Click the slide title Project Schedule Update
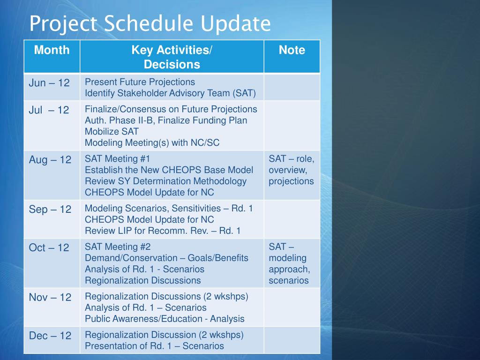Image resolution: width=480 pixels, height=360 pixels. click(x=150, y=23)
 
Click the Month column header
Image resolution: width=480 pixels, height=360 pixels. click(x=52, y=50)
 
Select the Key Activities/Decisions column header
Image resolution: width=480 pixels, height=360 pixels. click(x=172, y=57)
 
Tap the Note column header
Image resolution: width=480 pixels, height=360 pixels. click(x=292, y=50)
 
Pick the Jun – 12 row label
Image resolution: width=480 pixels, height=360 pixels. click(x=49, y=83)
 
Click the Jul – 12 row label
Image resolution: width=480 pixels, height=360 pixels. click(x=49, y=110)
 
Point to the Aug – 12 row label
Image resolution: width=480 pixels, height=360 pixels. click(x=50, y=160)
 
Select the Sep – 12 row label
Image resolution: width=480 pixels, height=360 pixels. click(x=50, y=210)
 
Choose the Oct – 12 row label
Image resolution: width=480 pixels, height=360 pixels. click(x=49, y=248)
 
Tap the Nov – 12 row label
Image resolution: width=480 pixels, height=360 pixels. click(x=50, y=297)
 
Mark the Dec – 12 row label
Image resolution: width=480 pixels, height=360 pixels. click(x=50, y=336)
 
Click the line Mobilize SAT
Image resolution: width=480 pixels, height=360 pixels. click(x=112, y=132)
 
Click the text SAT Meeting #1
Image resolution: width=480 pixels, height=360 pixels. click(x=117, y=159)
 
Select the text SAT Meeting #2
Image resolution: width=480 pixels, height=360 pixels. click(x=118, y=247)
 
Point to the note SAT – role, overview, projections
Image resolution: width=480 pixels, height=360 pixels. click(x=291, y=170)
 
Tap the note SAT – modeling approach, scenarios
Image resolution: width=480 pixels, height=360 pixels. click(x=289, y=264)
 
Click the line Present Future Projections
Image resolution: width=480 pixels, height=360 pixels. click(x=140, y=82)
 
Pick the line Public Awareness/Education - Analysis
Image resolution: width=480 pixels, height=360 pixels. click(x=165, y=319)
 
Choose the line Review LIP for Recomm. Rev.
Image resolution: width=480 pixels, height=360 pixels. click(x=162, y=231)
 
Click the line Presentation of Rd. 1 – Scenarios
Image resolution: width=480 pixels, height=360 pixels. click(x=154, y=346)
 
